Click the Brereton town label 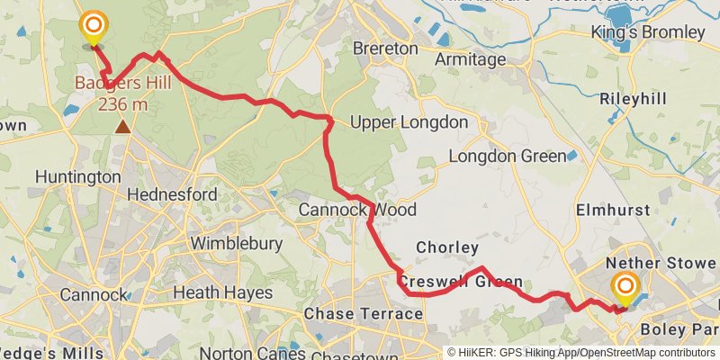[385, 48]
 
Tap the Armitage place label [470, 59]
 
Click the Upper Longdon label [409, 122]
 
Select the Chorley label [447, 247]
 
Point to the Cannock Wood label [357, 210]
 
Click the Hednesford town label [172, 194]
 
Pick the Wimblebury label [237, 243]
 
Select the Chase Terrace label [364, 313]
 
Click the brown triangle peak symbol [122, 127]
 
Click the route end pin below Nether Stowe [624, 290]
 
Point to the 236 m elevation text [122, 105]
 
